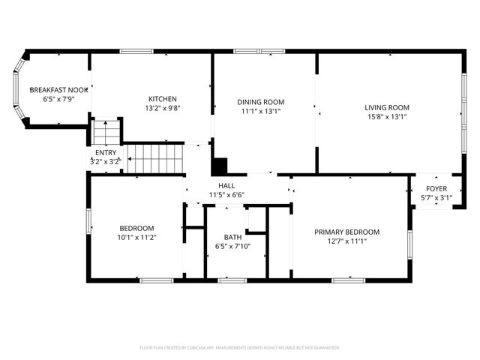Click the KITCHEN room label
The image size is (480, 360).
[162, 99]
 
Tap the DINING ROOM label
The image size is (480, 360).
[261, 102]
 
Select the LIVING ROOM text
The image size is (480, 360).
[387, 107]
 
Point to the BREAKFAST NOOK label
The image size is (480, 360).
[58, 89]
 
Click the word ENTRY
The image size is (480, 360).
[105, 152]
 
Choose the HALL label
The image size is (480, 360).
[226, 185]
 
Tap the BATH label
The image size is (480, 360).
[232, 237]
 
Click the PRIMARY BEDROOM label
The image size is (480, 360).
[346, 232]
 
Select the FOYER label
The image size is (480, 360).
[436, 188]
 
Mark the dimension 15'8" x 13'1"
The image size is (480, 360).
[387, 116]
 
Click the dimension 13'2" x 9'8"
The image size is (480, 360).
[162, 108]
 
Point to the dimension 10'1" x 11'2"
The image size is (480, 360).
[136, 237]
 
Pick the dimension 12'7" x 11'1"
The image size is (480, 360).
[346, 241]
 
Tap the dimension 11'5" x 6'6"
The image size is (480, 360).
[226, 194]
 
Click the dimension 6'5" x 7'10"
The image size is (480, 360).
[232, 246]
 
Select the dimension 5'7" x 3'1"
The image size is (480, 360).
[436, 197]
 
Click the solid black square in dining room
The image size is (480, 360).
[220, 166]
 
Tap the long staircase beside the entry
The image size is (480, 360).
[154, 158]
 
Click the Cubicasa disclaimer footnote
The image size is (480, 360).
[240, 348]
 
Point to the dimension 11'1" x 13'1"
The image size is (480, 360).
[261, 111]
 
